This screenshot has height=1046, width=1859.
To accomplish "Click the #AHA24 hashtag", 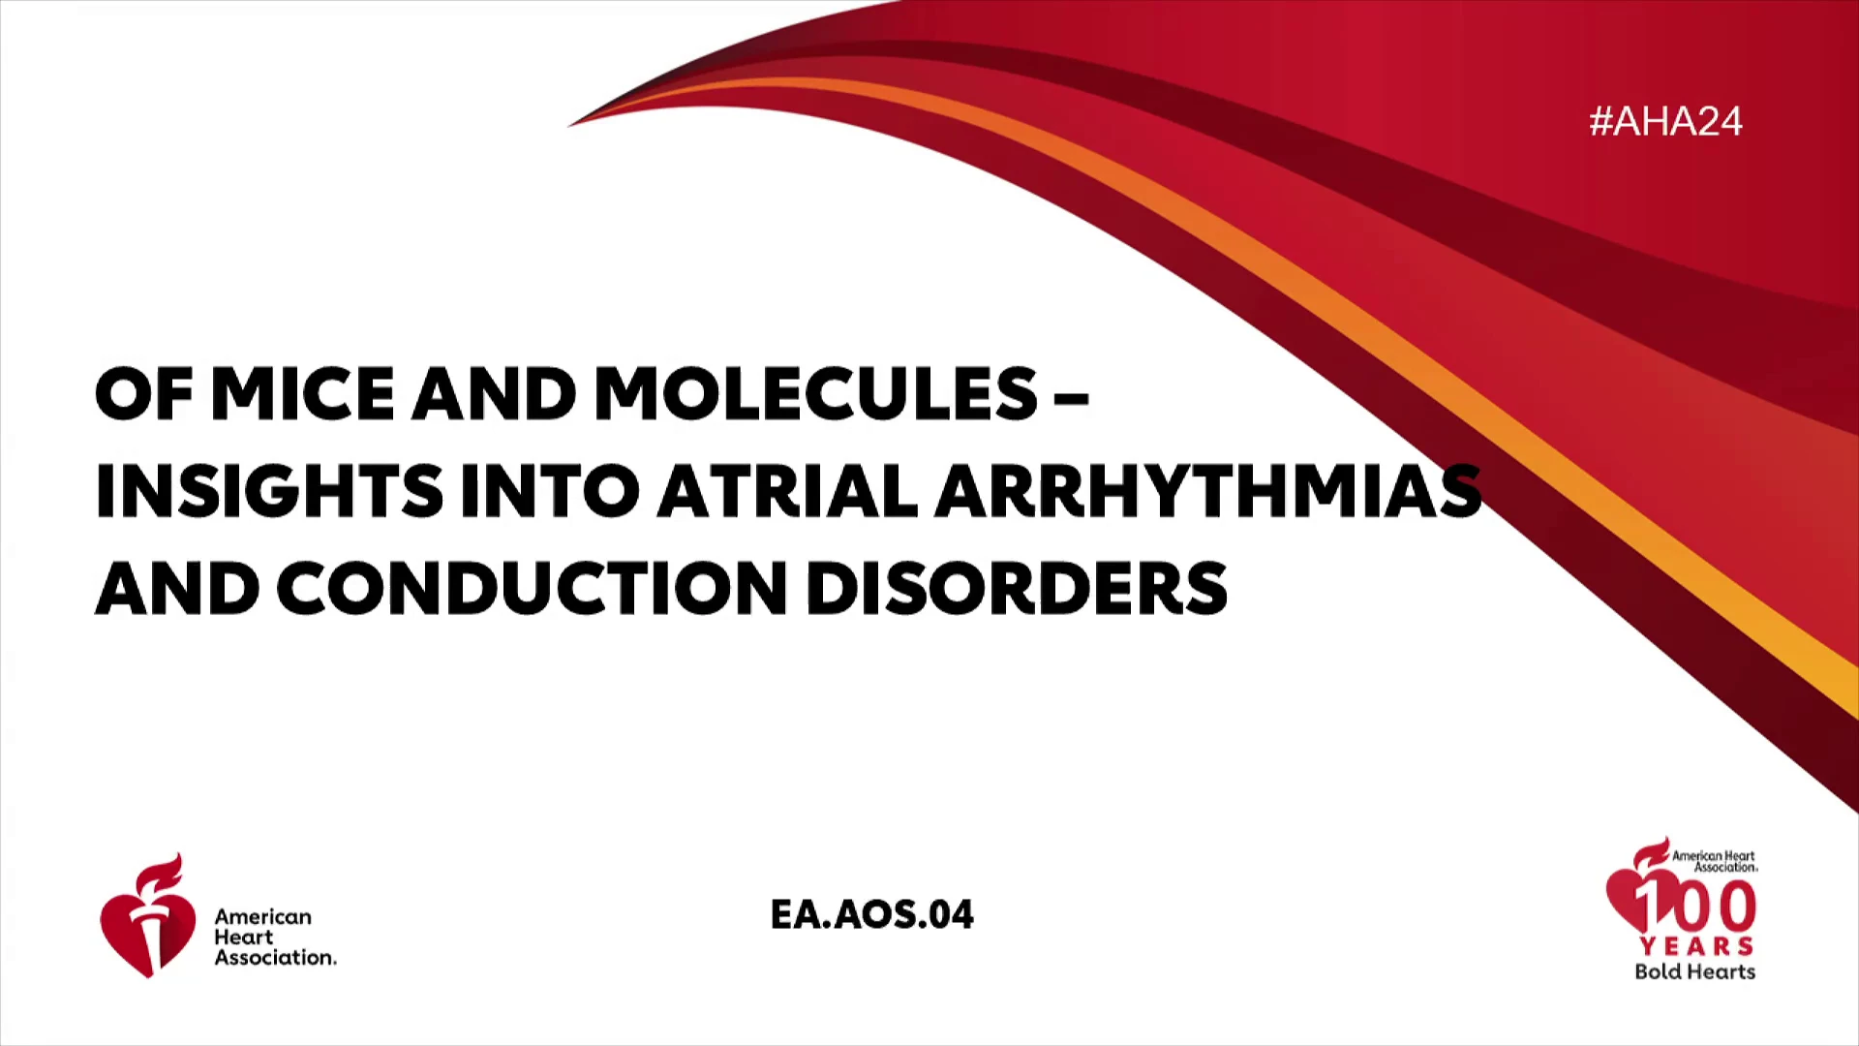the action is coord(1665,122).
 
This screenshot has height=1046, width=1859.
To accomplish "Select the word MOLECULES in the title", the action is coord(816,393).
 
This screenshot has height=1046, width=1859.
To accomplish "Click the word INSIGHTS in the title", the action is coord(269,491).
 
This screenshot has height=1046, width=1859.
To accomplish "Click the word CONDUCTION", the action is coord(532,588).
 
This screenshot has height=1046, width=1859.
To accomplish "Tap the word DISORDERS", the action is coord(1017,588).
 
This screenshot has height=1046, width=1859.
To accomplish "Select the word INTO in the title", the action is coord(550,491).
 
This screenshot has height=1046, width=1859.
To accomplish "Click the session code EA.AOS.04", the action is coord(871,914).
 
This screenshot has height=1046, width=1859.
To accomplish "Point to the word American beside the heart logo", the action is coord(262,916).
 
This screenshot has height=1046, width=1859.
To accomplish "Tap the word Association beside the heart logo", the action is coord(275,957).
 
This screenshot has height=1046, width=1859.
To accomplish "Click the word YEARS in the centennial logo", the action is coord(1696,945).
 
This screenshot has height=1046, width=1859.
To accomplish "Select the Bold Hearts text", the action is coord(1694,971).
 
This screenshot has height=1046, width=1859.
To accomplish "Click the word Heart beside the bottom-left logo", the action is coord(243,937).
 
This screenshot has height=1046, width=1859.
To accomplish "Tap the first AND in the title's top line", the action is coord(494,393).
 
